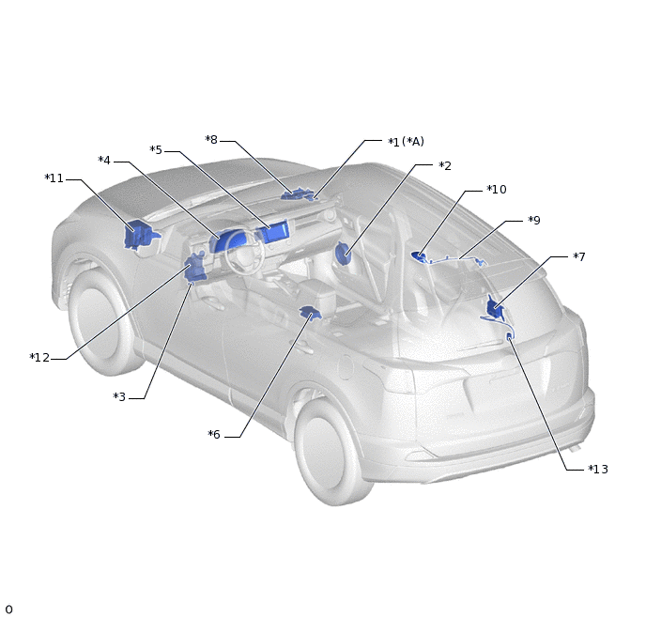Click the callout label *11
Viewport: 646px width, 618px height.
tap(54, 178)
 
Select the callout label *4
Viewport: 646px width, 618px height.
tap(104, 161)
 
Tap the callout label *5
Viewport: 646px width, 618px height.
tap(156, 150)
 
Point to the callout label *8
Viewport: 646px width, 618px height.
tap(211, 140)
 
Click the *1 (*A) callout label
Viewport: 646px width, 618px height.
tap(407, 142)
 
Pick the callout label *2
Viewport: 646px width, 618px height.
tap(445, 165)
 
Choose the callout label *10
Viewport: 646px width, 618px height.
tap(497, 190)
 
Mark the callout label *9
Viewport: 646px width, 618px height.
tap(534, 221)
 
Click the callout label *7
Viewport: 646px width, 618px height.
tap(578, 256)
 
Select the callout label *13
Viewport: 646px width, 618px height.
tap(598, 470)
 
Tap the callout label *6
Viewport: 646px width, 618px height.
tap(214, 434)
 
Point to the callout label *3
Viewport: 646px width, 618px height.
tap(119, 396)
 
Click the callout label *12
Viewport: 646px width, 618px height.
tap(39, 358)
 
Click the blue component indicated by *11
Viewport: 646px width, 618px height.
tap(139, 235)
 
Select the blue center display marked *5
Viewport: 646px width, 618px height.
tap(273, 232)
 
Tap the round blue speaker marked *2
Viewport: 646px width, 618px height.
tap(343, 254)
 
